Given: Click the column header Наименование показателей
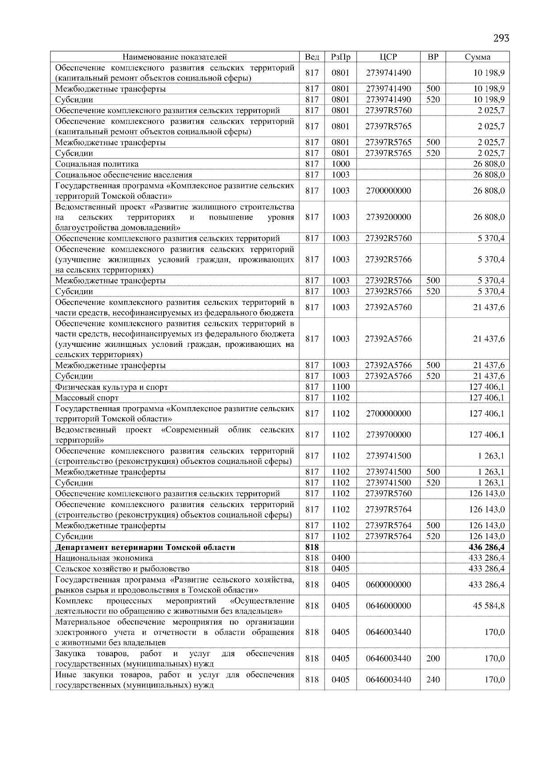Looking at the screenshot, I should coord(174,57).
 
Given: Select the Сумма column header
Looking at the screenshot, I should coord(477,57).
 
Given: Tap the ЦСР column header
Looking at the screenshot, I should coord(388,57).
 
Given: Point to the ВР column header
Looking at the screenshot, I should coord(432,57).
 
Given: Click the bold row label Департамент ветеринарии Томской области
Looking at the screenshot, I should coord(145,547).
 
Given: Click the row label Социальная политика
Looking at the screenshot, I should coord(97,164).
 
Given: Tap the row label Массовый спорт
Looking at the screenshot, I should coord(87,398).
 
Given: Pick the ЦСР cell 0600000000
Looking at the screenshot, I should coord(388,584).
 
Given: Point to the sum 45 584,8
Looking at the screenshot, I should coord(489,606).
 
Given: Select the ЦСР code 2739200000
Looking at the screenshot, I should coord(388,217).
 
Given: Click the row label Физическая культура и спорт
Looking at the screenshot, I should coord(111,387).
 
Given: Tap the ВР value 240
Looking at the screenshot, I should coord(432,679).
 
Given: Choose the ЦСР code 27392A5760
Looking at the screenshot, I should coord(388,307).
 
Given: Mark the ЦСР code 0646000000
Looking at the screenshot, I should coord(388,606).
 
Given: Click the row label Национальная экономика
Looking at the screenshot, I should coord(104,558).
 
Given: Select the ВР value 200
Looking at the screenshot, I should coord(432,658).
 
